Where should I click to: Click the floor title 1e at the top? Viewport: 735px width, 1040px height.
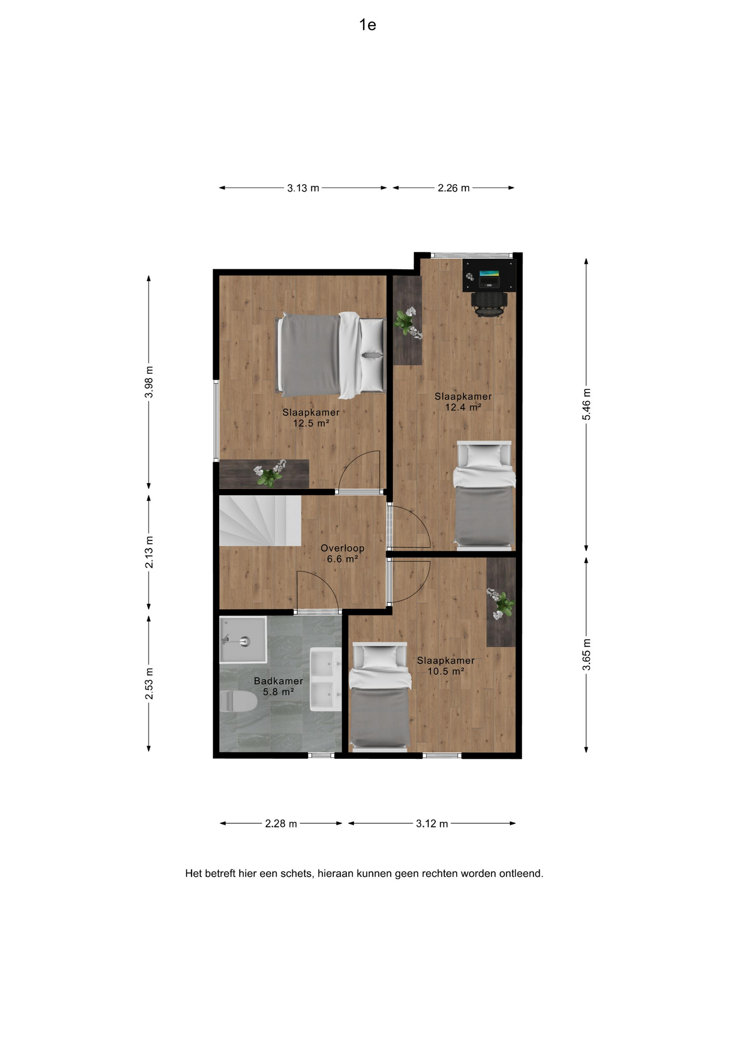click(367, 25)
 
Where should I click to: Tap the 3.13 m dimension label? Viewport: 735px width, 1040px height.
click(303, 188)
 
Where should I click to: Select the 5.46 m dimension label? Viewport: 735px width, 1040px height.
click(586, 404)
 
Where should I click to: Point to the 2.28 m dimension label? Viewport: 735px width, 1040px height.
click(281, 823)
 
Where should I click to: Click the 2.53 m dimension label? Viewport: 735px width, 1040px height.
click(149, 684)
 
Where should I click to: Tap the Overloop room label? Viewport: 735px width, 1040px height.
click(342, 548)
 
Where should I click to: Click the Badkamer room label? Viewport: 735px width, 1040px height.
click(278, 681)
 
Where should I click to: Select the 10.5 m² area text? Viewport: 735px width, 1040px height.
click(445, 671)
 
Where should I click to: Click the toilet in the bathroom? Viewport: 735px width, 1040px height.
click(238, 702)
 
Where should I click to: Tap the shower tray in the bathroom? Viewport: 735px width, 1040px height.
click(243, 640)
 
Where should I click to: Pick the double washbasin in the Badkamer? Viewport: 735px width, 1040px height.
click(325, 679)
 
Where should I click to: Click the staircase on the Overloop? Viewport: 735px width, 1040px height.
click(260, 521)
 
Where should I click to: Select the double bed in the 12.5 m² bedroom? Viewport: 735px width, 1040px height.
click(330, 355)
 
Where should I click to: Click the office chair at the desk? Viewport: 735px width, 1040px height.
click(489, 303)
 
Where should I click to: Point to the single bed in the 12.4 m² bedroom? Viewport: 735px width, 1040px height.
click(484, 495)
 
